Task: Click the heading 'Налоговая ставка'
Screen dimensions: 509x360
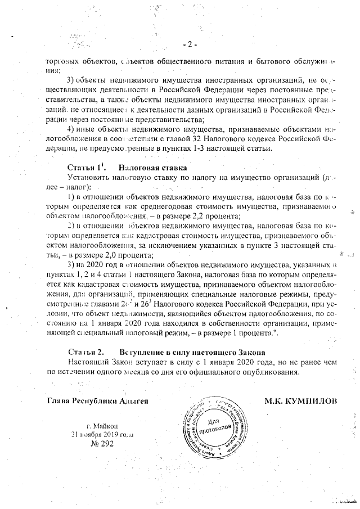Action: pos(152,168)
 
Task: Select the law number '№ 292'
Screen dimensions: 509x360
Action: pos(102,444)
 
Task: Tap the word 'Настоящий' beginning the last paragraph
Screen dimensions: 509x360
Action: pos(88,362)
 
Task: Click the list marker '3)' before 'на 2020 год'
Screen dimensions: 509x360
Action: pos(71,264)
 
